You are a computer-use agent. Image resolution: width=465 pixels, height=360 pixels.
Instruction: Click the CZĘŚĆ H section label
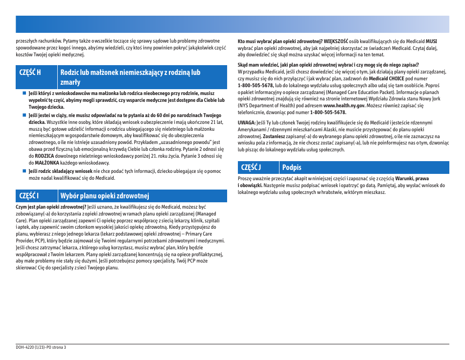point(30,72)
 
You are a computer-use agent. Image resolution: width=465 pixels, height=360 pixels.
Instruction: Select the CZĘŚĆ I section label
point(29,196)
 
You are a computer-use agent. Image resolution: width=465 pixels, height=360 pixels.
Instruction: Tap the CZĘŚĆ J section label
point(251,168)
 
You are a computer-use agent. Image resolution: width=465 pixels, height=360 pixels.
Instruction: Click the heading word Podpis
point(292,168)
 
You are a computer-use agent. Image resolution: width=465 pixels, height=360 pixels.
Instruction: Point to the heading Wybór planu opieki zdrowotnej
point(104,196)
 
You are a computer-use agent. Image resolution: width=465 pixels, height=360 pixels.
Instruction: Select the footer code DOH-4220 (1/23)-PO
point(32,347)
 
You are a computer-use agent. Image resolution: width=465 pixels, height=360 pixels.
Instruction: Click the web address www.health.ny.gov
point(344,105)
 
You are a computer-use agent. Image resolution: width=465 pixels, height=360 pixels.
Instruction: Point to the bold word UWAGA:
point(247,122)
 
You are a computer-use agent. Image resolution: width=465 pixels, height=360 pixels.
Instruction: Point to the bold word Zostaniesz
point(275,136)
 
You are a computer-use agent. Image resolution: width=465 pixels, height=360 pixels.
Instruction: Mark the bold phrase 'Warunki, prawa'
point(412,179)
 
